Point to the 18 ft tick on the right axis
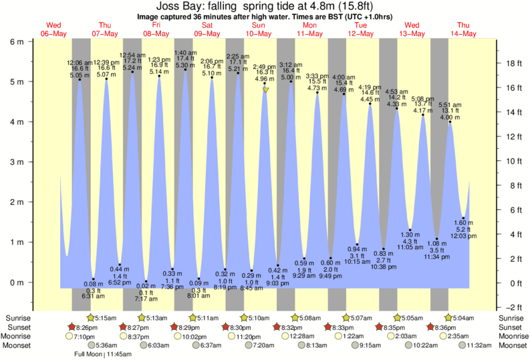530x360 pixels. click(513, 63)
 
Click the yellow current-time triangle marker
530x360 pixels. click(265, 89)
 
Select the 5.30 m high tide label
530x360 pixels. click(186, 66)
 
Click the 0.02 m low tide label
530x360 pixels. click(146, 286)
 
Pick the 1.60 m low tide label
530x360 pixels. click(464, 222)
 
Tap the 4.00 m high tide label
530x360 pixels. click(450, 118)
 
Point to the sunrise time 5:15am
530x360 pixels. click(108, 317)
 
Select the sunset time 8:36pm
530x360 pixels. click(445, 327)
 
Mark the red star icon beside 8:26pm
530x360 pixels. click(72, 327)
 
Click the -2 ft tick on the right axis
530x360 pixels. click(512, 307)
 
